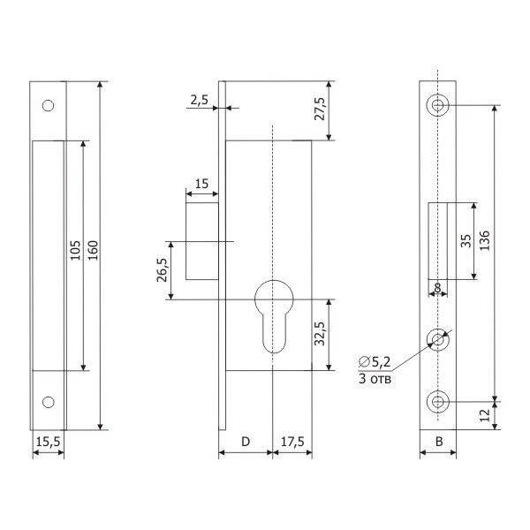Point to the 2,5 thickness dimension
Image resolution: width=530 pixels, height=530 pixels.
click(x=199, y=101)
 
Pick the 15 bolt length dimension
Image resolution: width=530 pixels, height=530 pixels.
click(x=201, y=184)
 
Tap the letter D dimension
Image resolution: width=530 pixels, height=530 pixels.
click(x=245, y=439)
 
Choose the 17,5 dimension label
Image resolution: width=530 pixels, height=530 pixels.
click(x=291, y=439)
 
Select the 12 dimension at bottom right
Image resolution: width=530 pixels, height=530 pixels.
click(x=484, y=415)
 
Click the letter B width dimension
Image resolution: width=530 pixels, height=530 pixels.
click(x=438, y=439)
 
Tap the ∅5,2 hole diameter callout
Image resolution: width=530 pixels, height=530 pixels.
click(x=375, y=360)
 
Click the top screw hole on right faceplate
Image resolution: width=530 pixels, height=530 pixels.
click(x=438, y=105)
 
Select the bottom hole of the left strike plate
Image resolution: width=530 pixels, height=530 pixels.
click(x=49, y=402)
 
